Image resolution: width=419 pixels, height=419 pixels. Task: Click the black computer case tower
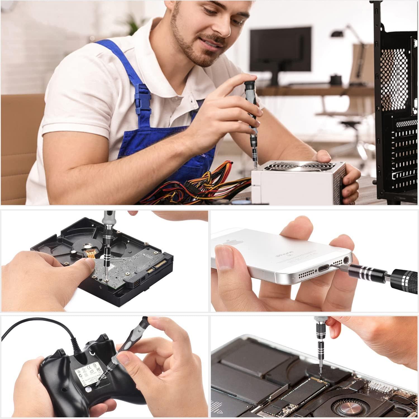[x=397, y=112]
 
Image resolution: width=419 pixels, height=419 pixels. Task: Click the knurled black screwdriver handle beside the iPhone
[x=405, y=279]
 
